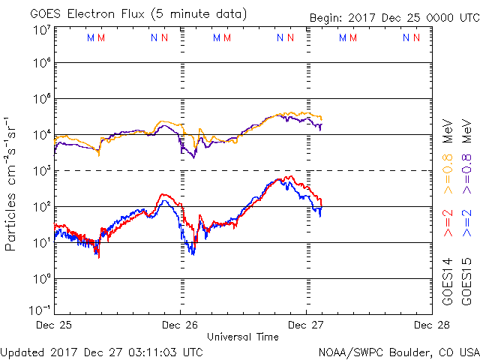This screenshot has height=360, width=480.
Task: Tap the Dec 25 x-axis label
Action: tap(53, 325)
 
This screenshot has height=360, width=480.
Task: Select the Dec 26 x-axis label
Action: tap(180, 325)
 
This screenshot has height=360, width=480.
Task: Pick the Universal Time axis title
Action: tap(243, 337)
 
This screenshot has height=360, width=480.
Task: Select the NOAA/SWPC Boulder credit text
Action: tap(398, 352)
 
